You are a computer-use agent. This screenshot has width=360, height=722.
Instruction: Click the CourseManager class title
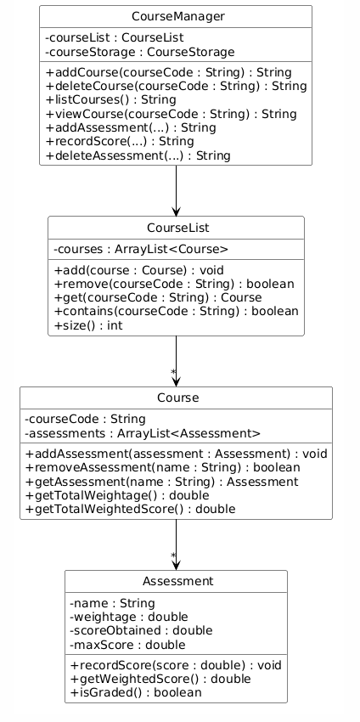pyautogui.click(x=176, y=17)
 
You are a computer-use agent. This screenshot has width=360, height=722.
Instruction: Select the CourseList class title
pyautogui.click(x=176, y=228)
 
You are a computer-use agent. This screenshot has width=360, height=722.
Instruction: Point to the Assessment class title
pyautogui.click(x=176, y=581)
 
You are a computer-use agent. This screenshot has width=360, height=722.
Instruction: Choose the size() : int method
pyautogui.click(x=87, y=325)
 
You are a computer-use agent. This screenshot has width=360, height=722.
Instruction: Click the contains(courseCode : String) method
pyautogui.click(x=176, y=311)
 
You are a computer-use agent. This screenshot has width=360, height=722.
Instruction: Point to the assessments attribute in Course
pyautogui.click(x=143, y=432)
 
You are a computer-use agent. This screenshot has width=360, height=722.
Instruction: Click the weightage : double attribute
pyautogui.click(x=128, y=616)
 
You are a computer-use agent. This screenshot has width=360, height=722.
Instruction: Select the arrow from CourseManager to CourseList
pyautogui.click(x=176, y=190)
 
